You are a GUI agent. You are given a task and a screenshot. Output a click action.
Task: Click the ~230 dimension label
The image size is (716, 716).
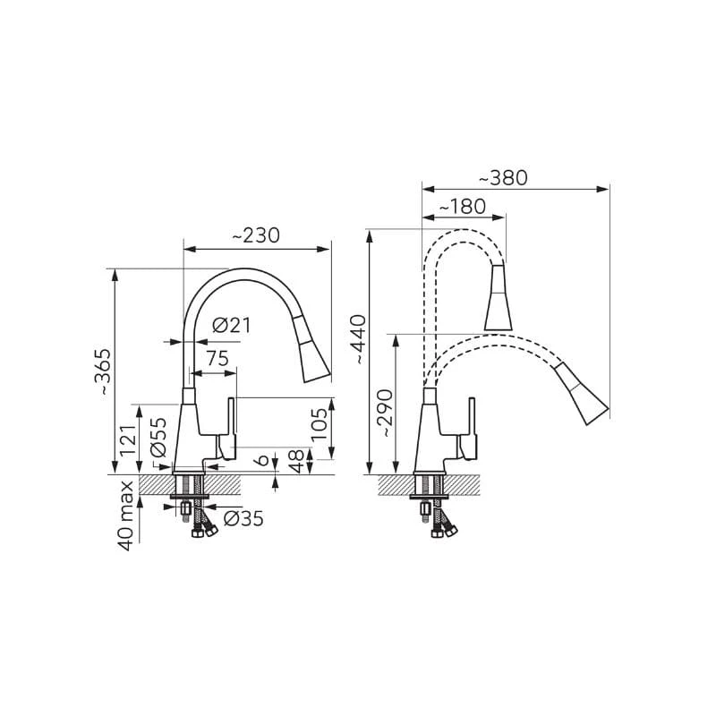(x=256, y=236)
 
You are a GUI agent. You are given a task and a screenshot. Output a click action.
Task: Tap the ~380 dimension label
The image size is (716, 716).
(x=503, y=178)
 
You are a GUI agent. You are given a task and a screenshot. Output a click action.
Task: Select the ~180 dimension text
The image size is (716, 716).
(x=462, y=207)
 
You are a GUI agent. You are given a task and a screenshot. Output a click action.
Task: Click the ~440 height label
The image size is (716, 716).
(x=359, y=339)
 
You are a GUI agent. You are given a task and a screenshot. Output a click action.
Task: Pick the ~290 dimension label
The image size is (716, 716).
(x=385, y=413)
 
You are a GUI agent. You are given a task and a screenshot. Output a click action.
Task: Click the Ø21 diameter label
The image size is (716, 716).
(x=232, y=326)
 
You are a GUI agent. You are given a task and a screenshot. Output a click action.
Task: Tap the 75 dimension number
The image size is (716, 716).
(x=217, y=359)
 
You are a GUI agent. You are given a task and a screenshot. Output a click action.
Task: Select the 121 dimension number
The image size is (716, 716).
(x=128, y=441)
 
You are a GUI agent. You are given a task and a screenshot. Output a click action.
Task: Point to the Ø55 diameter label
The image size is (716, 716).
(x=158, y=438)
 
